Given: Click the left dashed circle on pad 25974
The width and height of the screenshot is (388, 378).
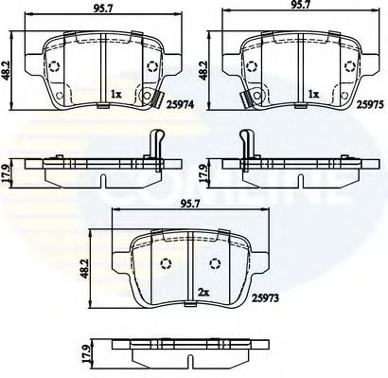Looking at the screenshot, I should [x=54, y=68].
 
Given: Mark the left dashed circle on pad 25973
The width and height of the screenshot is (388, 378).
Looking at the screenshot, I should [x=167, y=264].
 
